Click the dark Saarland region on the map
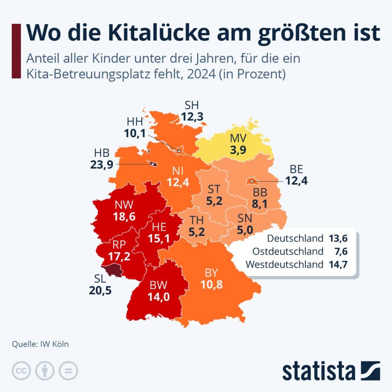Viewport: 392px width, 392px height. tap(112, 270)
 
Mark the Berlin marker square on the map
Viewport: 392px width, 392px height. tap(252, 181)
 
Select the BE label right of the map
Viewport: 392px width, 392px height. tap(296, 169)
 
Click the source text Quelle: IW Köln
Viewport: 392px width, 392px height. tap(40, 344)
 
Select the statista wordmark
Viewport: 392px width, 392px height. tap(318, 371)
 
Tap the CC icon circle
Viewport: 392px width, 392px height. tap(21, 371)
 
